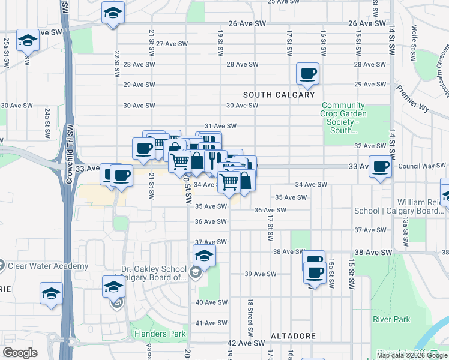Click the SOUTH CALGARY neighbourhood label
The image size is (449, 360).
[279, 95]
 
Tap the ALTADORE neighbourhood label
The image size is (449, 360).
[293, 336]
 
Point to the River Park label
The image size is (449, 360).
[391, 319]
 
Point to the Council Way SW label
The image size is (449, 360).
[422, 166]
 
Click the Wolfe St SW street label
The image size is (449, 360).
[415, 39]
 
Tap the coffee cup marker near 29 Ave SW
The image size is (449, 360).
[308, 74]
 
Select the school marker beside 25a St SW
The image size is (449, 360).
[28, 41]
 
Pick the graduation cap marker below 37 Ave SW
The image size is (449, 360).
[205, 256]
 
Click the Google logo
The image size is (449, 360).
[20, 353]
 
